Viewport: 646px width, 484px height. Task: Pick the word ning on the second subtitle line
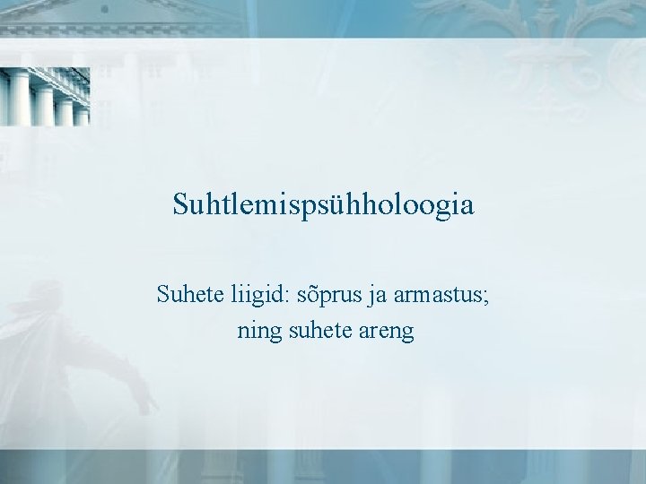tap(258, 332)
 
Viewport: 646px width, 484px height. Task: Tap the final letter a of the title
tap(467, 208)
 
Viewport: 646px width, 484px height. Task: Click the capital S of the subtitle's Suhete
tap(163, 293)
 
